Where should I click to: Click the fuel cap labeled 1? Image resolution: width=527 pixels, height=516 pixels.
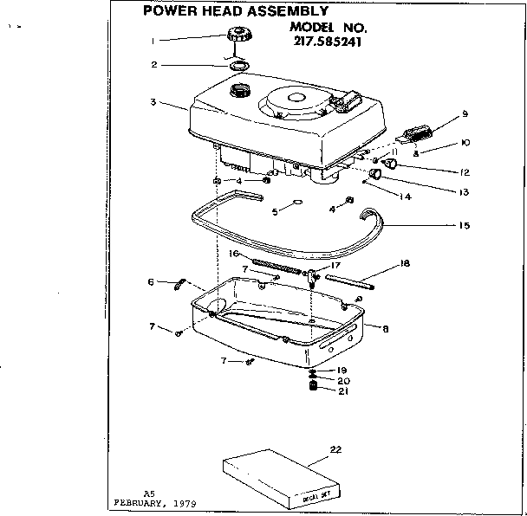237,39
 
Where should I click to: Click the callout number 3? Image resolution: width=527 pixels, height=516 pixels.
153,102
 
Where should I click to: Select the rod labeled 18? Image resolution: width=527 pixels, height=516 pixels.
349,280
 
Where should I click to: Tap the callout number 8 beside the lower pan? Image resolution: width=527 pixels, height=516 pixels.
385,327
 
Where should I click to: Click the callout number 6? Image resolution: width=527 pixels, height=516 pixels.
152,281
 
